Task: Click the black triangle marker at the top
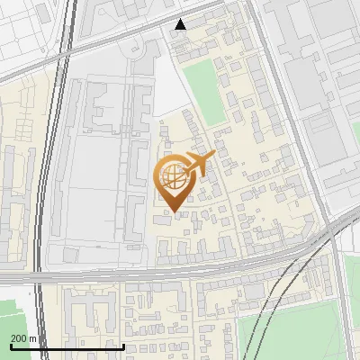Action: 181,24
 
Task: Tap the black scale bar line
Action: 67,346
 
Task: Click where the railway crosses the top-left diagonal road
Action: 65,56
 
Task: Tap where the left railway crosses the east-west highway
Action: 40,273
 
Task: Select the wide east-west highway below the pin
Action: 180,267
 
